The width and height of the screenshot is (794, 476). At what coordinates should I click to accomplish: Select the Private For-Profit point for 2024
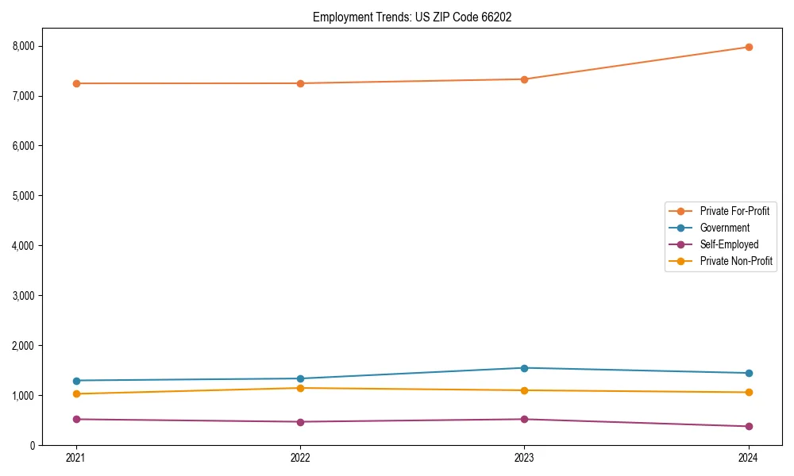(x=748, y=47)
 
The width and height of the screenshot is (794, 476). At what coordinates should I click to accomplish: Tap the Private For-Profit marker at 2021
(x=76, y=83)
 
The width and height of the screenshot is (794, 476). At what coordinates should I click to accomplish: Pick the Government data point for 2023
(x=524, y=368)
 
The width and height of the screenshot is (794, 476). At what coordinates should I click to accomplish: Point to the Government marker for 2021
(x=76, y=381)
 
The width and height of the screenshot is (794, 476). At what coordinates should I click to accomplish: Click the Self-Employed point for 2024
(x=748, y=427)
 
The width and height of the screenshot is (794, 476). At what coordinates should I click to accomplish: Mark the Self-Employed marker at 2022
(x=300, y=422)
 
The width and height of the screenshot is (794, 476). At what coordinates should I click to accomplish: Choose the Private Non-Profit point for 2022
(x=300, y=388)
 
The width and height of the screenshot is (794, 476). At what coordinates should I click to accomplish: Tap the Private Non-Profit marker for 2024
(x=748, y=393)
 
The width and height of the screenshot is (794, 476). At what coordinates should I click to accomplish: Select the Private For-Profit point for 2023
(x=524, y=79)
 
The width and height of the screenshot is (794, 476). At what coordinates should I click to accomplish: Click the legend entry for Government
(x=724, y=228)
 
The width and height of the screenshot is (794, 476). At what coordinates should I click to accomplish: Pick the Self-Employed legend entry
(x=729, y=244)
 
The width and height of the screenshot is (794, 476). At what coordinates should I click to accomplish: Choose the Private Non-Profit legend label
(x=736, y=261)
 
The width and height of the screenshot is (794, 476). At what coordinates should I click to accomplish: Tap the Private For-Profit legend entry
(x=734, y=211)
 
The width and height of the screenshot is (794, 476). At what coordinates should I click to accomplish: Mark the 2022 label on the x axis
(x=300, y=458)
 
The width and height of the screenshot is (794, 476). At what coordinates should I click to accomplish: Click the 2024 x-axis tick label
(x=748, y=458)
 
